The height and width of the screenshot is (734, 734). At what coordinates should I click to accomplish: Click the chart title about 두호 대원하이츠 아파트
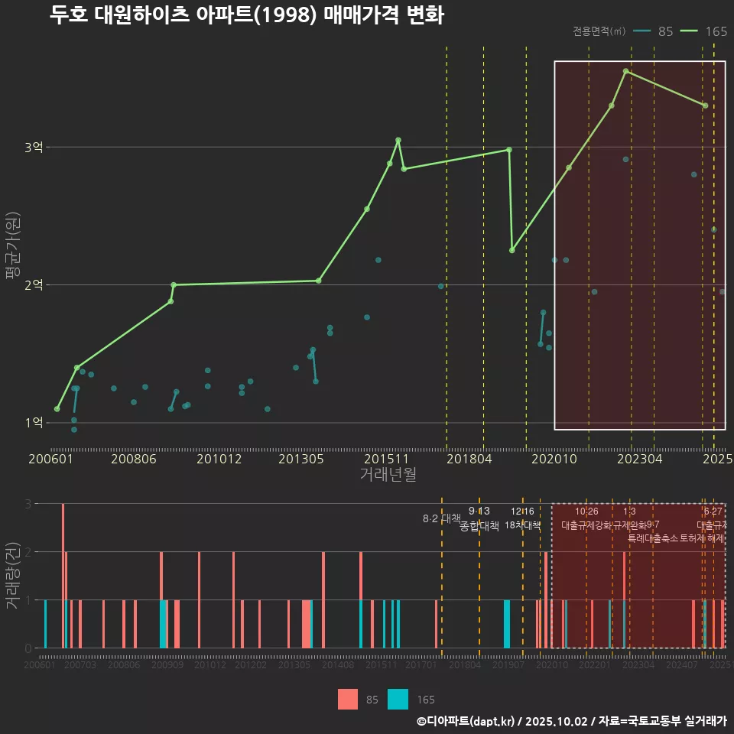click(246, 15)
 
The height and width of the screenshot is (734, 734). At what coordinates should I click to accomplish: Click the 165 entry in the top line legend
click(716, 31)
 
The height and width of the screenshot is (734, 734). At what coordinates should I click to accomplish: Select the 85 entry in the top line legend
click(665, 31)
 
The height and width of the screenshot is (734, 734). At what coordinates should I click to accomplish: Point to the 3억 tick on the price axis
click(34, 147)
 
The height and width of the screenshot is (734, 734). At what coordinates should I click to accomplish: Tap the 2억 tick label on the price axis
click(34, 284)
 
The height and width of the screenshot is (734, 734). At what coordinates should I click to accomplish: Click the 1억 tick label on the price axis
click(34, 422)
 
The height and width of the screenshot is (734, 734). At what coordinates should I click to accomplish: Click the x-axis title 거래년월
click(388, 474)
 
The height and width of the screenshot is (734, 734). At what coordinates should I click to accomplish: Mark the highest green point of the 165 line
click(625, 71)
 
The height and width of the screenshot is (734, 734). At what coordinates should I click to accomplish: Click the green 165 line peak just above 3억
click(398, 140)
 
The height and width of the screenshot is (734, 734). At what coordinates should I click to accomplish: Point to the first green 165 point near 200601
click(57, 409)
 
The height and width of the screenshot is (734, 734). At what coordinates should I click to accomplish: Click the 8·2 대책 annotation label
click(441, 518)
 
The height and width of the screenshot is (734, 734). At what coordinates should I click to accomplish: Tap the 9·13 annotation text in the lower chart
click(479, 511)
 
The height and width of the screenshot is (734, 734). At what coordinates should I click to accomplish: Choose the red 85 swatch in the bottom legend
click(348, 699)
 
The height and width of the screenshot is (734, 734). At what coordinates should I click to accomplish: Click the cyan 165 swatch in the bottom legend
click(398, 699)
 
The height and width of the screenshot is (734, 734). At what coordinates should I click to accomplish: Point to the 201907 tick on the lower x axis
click(508, 666)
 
